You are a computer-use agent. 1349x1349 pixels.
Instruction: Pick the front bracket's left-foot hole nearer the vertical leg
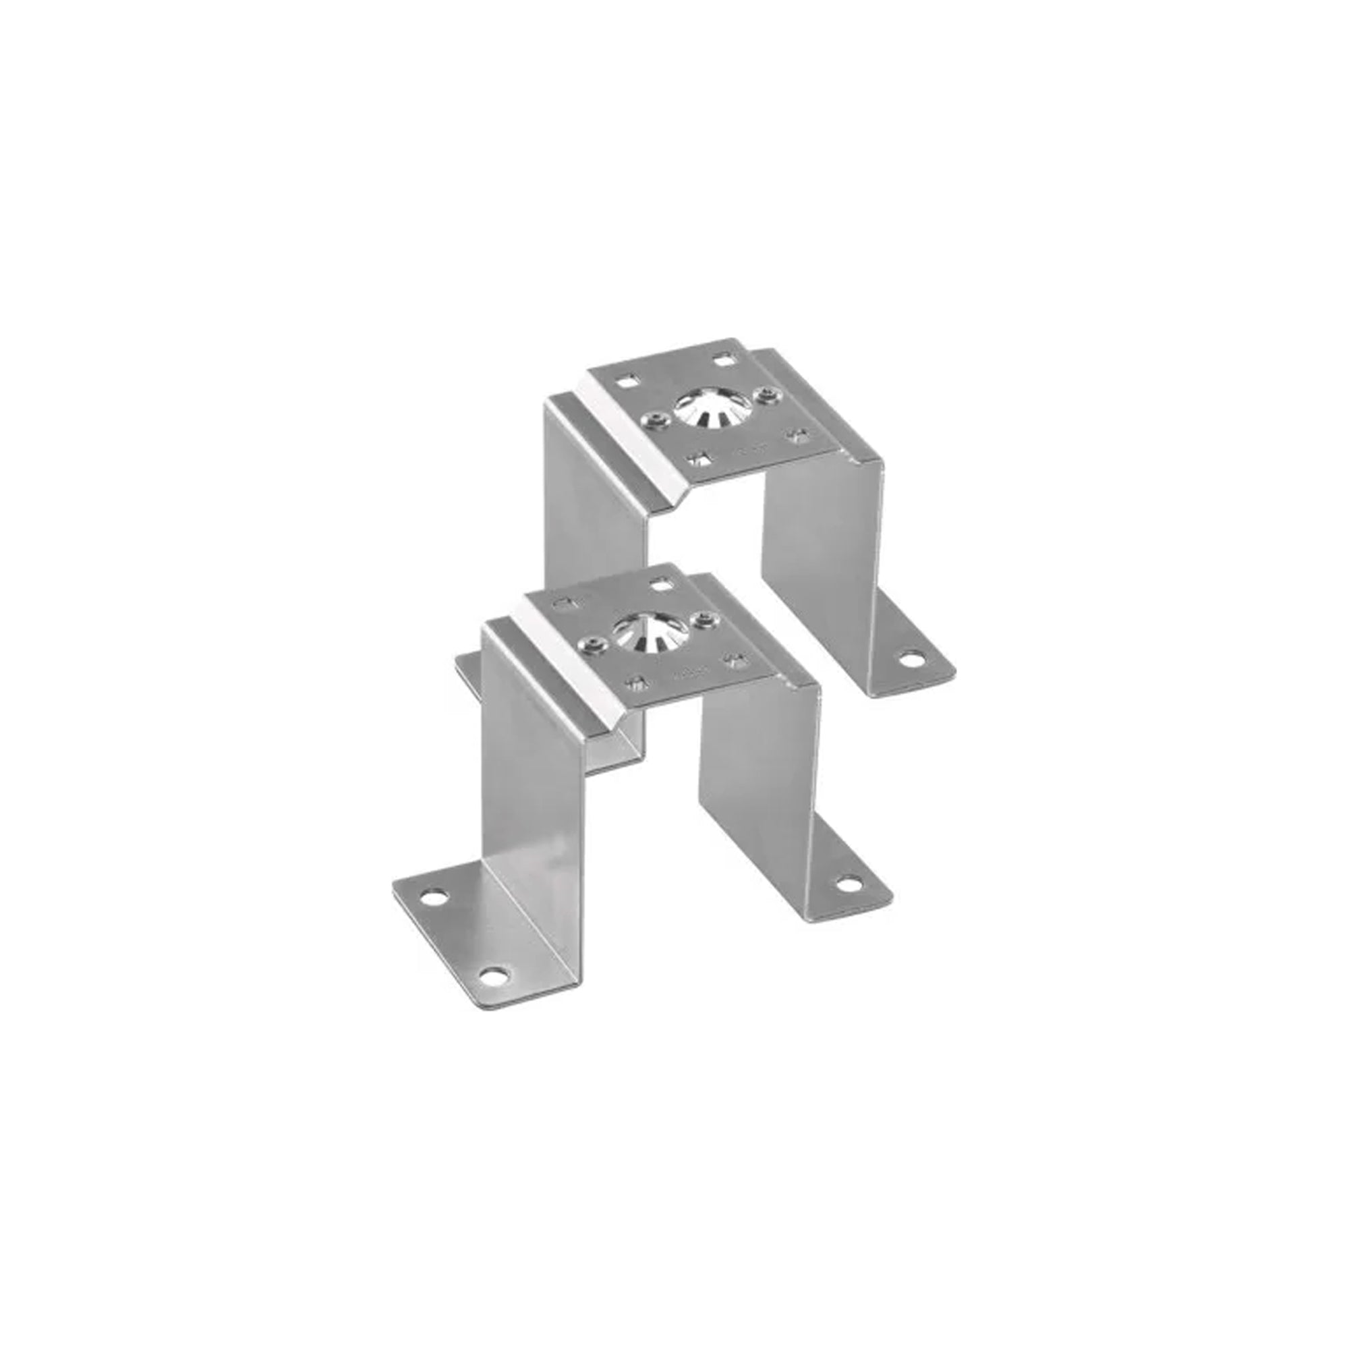coord(435,896)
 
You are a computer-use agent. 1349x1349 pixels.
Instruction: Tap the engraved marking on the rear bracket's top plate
coord(748,452)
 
